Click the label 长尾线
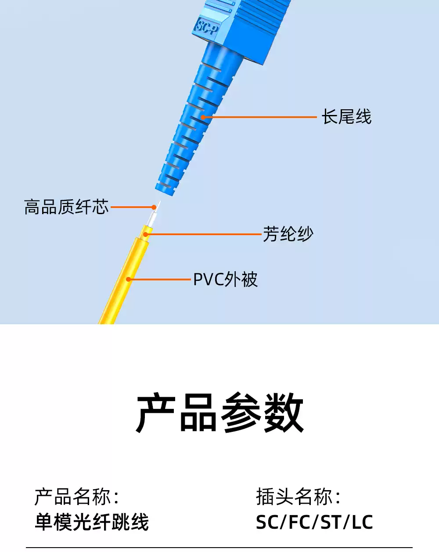pos(346,117)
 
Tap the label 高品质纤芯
pos(66,207)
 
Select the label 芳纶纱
pos(288,234)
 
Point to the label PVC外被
pos(225,280)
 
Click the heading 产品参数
pos(219,413)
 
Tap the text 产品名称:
pos(77,497)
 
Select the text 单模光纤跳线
pos(92,522)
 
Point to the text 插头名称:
pos(298,497)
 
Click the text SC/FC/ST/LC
pos(314,522)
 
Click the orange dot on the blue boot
pos(203,117)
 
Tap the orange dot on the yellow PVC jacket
pos(128,279)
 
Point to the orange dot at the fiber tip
pos(154,207)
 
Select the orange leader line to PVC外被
pos(160,279)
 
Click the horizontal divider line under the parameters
pos(219,547)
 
